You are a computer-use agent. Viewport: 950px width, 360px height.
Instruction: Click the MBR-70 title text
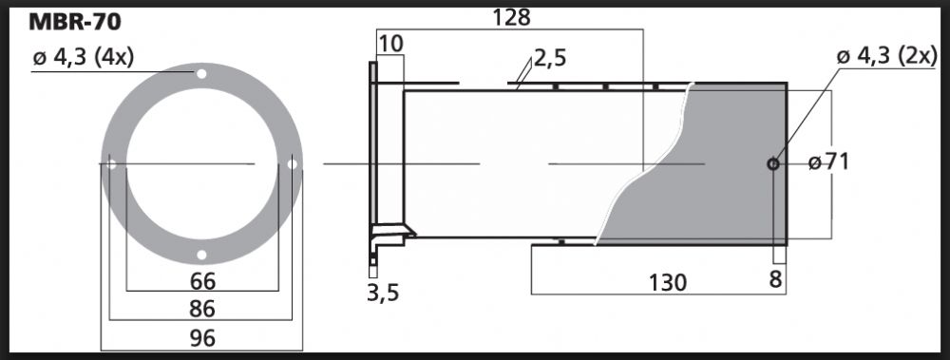coord(74,23)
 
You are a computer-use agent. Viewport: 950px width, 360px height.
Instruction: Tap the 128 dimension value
coord(511,18)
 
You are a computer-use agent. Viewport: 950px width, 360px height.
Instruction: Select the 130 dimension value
coord(667,282)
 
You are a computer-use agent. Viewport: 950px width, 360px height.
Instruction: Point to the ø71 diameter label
coord(828,162)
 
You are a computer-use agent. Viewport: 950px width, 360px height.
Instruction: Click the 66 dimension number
coord(202,281)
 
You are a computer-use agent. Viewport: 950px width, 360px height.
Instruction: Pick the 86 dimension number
coord(202,309)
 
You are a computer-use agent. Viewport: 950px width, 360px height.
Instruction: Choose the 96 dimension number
coord(202,337)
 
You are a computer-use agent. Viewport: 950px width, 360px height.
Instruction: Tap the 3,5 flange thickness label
coord(383,294)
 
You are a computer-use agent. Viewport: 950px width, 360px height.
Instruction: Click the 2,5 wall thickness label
coord(550,59)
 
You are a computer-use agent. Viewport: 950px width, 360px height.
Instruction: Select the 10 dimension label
coord(391,44)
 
